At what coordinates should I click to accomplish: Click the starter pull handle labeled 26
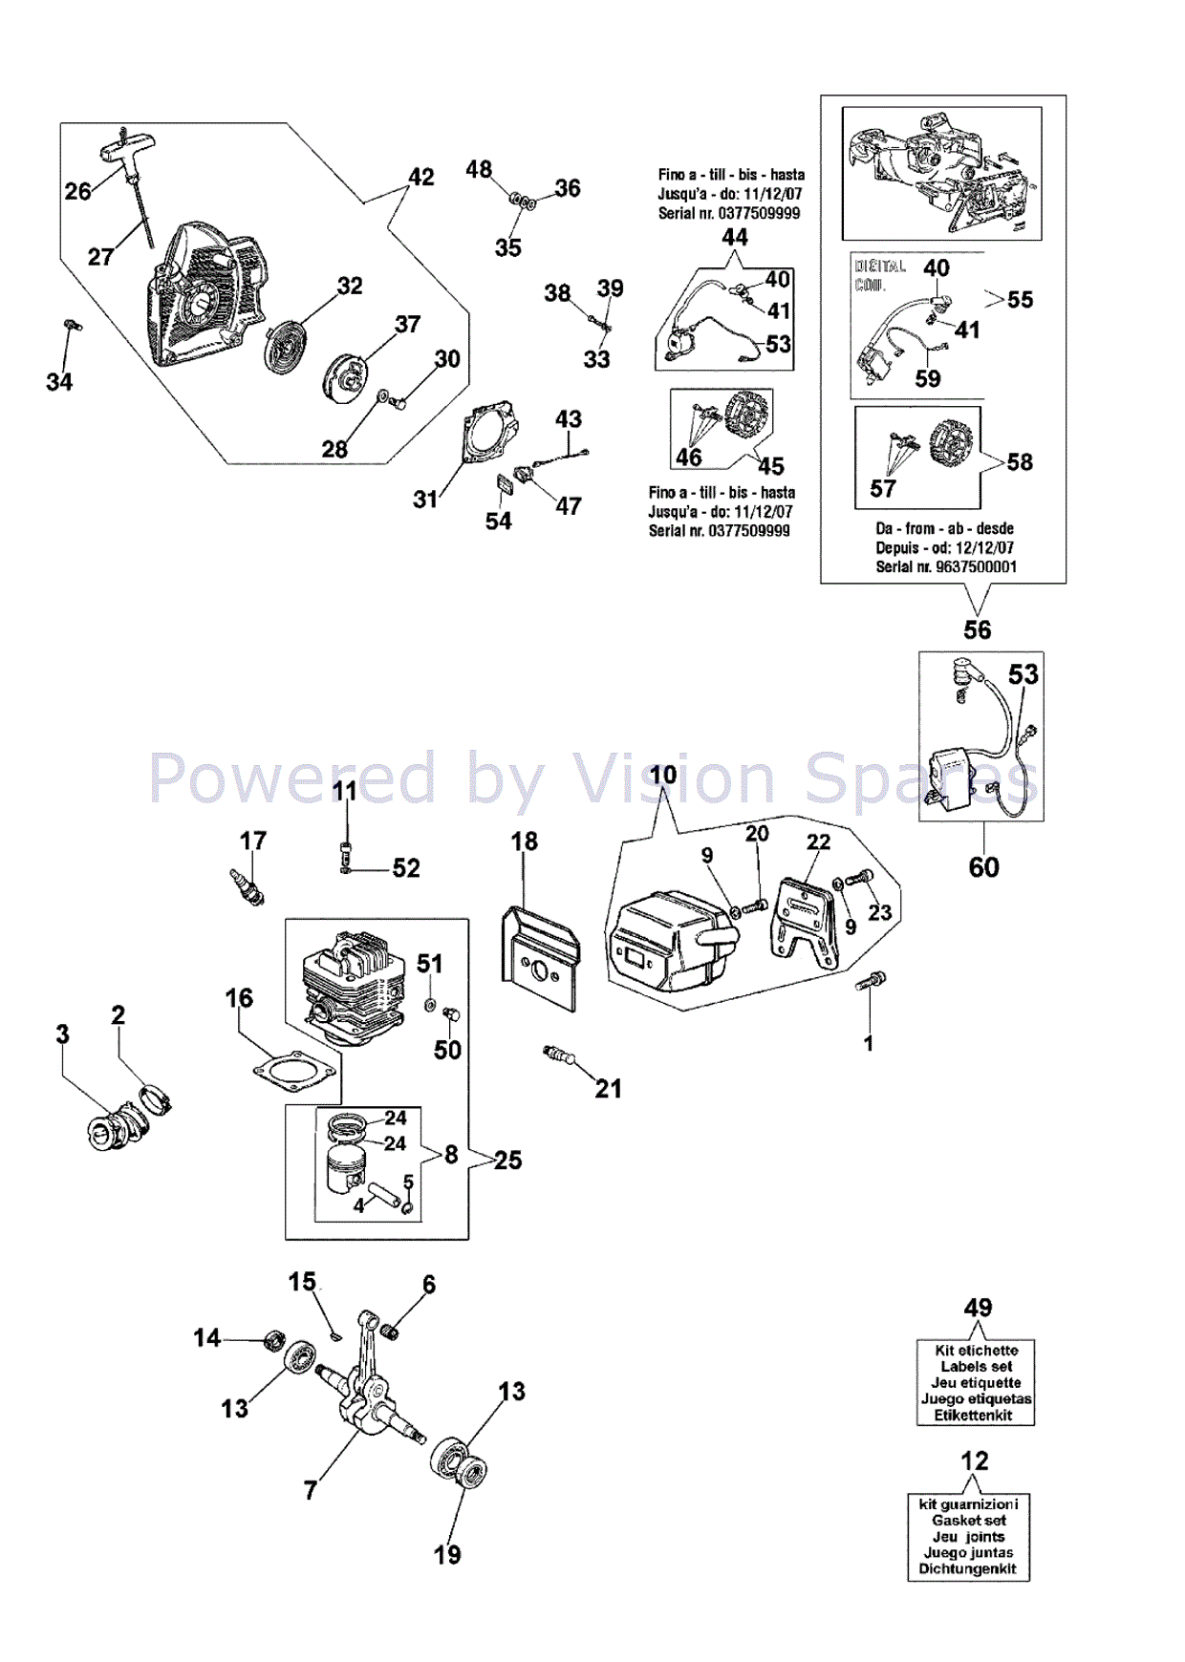click(127, 152)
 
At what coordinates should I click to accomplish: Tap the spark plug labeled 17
click(247, 887)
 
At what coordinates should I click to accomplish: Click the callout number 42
click(421, 178)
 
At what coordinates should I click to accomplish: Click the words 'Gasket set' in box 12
click(969, 1520)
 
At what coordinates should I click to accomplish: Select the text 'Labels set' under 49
click(976, 1366)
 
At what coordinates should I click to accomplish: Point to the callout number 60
click(983, 867)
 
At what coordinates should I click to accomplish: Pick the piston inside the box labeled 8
click(346, 1167)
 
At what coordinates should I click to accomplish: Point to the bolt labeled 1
click(873, 982)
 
